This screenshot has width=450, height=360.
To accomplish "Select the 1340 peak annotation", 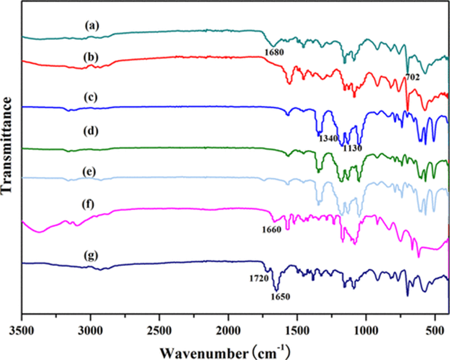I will tap(328, 138).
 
